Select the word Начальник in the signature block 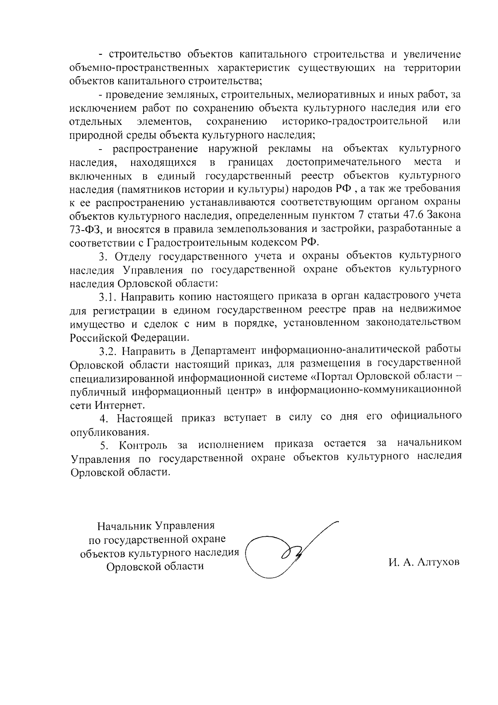click(x=125, y=526)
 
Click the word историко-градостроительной click(x=355, y=121)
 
